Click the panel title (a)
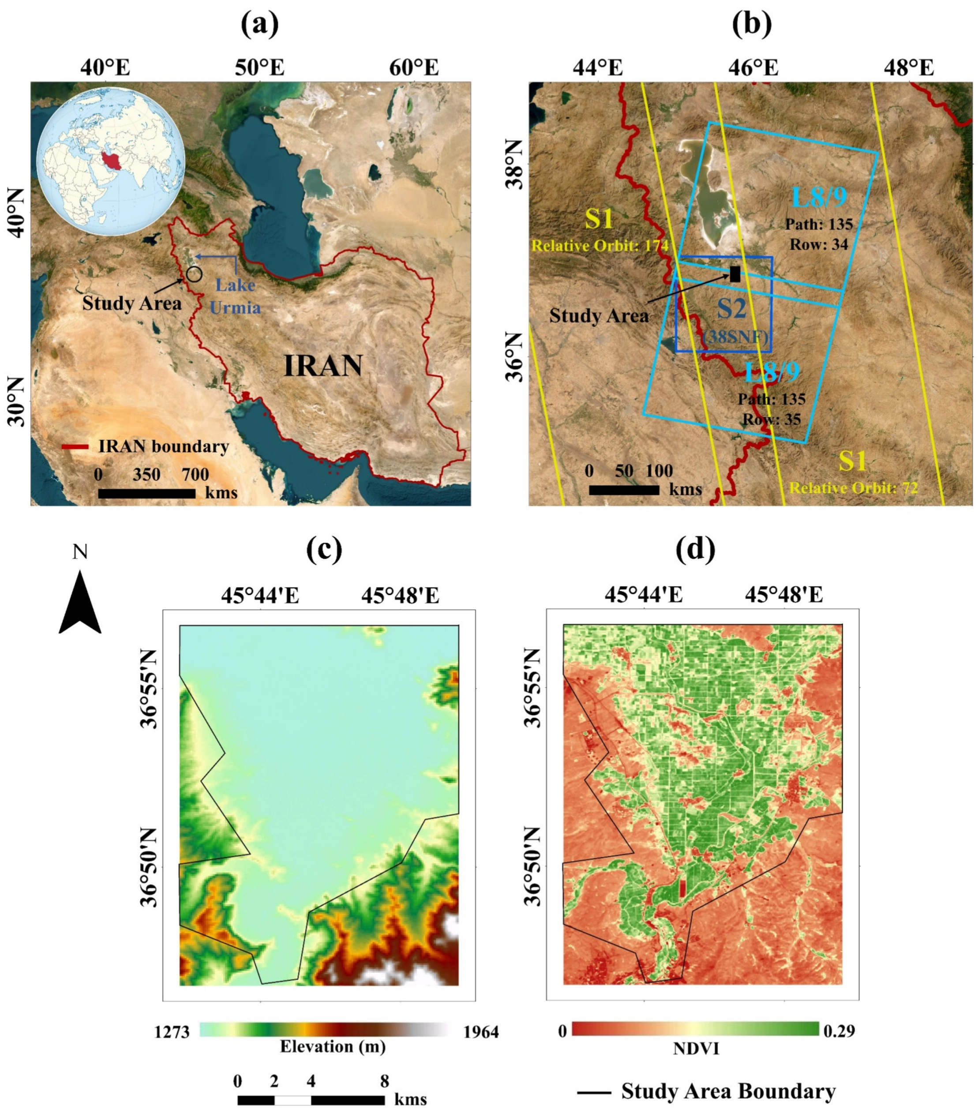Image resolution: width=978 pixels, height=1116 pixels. [x=260, y=25]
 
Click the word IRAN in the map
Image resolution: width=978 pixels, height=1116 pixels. [x=323, y=366]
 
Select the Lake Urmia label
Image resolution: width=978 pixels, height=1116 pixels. [x=235, y=296]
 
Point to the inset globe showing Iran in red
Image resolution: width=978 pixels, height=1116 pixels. [x=111, y=161]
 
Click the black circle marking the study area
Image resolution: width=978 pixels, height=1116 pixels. [x=194, y=274]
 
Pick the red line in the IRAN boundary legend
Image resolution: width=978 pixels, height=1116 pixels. [x=75, y=447]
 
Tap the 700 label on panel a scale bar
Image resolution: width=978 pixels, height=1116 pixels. [x=195, y=474]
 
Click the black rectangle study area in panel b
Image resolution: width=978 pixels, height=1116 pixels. [x=735, y=274]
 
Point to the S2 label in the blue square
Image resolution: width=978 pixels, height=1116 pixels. [x=731, y=309]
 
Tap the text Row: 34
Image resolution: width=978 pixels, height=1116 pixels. [x=819, y=244]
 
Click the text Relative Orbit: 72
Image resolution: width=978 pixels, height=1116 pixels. [x=854, y=487]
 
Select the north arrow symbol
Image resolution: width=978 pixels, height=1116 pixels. [x=80, y=602]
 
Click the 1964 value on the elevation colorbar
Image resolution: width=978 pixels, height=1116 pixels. [x=481, y=1031]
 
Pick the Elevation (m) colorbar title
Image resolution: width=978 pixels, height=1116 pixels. [x=332, y=1046]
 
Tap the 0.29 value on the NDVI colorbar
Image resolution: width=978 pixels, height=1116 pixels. [x=839, y=1030]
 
